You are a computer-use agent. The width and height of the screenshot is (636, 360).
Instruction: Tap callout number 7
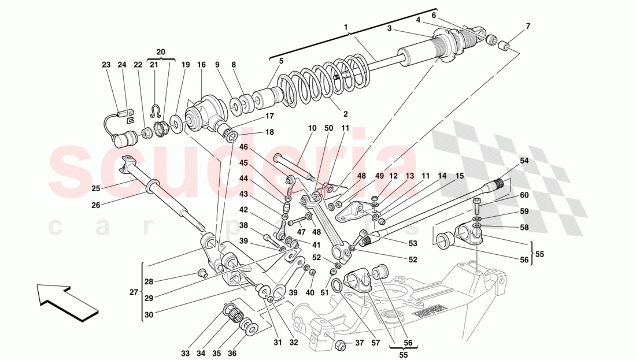click(527, 27)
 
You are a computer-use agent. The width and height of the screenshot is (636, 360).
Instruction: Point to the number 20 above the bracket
click(160, 51)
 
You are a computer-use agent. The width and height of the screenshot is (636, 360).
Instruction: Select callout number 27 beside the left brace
click(134, 293)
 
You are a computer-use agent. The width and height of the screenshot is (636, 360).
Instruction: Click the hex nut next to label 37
click(341, 346)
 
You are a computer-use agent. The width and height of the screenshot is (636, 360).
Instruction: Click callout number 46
click(243, 147)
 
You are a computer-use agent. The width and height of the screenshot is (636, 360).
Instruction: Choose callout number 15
click(460, 176)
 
